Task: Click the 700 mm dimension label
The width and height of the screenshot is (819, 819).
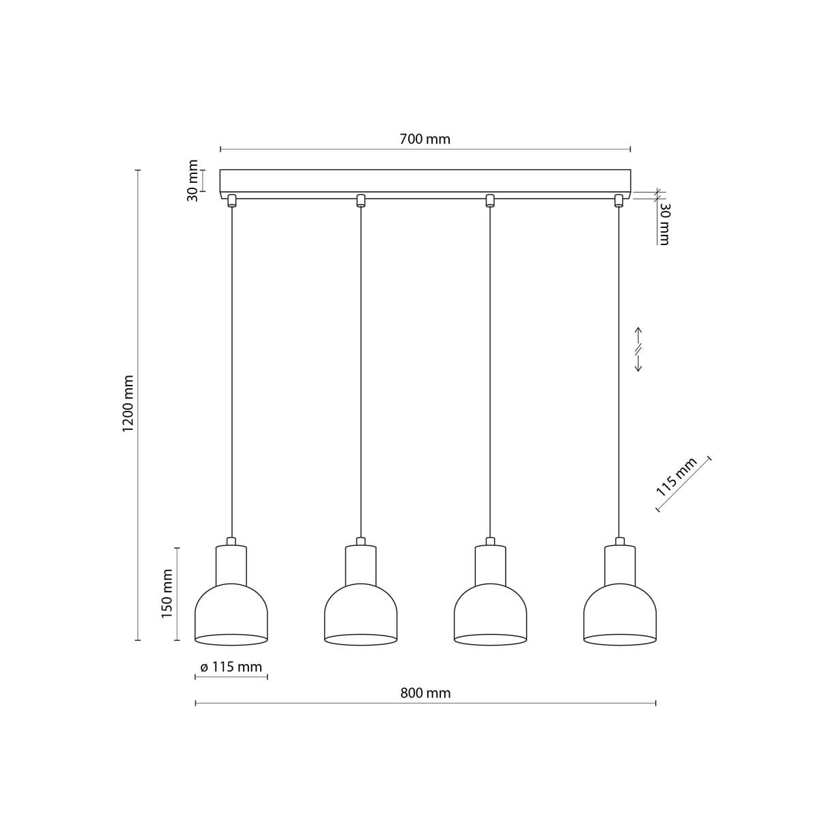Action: tap(425, 139)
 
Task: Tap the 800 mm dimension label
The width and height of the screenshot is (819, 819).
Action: tap(425, 693)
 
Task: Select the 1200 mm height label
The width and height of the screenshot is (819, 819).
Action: tap(128, 403)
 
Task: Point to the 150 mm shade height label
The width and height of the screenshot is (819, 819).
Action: tap(167, 594)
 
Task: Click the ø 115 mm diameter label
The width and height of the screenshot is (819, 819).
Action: tap(231, 667)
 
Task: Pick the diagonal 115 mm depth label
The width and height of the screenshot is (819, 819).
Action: tap(676, 477)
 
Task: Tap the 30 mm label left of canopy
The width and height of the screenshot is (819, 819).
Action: tap(193, 180)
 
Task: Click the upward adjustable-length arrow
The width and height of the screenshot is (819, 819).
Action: tap(638, 334)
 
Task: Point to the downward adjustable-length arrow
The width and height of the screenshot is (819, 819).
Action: tap(638, 364)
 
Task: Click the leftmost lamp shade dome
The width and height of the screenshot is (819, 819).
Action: tap(231, 611)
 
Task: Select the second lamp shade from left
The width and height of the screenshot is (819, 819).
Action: tap(360, 611)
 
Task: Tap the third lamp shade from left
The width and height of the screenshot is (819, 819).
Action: tap(490, 611)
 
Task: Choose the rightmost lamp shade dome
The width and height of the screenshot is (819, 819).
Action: tap(620, 611)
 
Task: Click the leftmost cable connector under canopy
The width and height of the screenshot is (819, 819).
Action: tap(231, 200)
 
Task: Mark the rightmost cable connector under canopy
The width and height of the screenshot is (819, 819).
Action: tap(619, 200)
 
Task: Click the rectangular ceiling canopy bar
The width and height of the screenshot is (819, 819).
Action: tap(425, 181)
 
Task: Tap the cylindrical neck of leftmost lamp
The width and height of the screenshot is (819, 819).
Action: tap(231, 564)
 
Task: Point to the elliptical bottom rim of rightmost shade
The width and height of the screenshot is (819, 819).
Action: tap(620, 640)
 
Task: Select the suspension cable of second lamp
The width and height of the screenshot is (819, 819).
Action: tap(360, 375)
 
